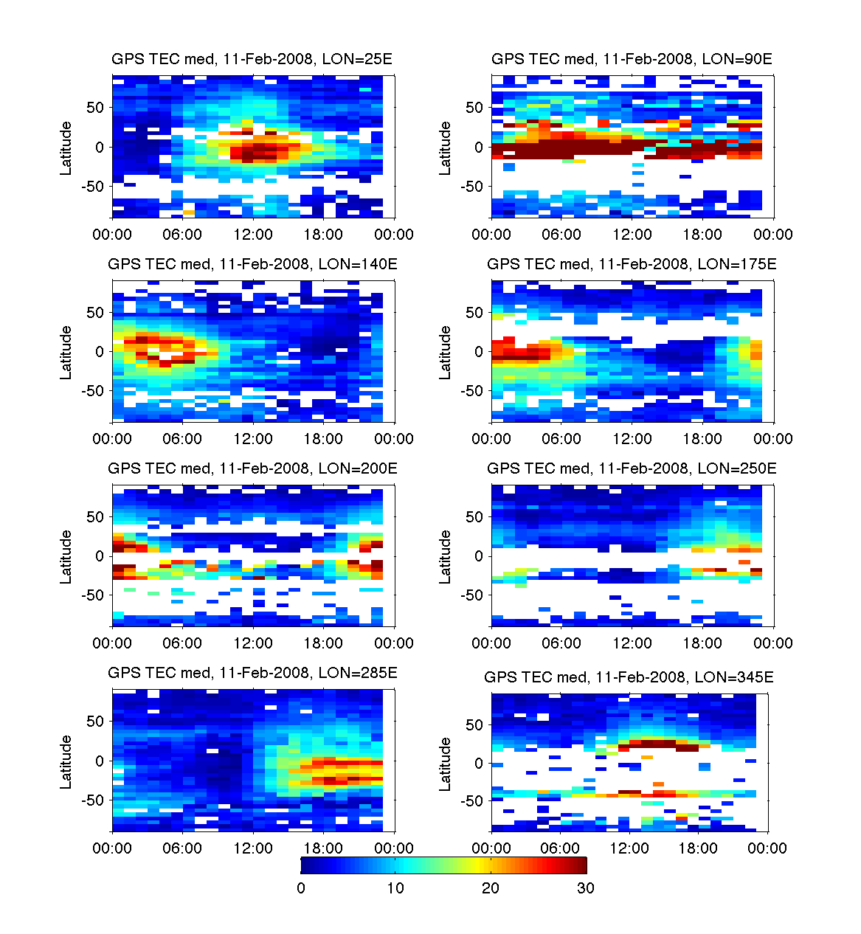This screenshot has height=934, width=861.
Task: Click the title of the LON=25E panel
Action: (x=252, y=59)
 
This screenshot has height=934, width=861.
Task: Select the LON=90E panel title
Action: (x=632, y=59)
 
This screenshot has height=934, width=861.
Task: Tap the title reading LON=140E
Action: (x=252, y=263)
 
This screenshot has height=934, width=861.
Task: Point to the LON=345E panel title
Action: (x=629, y=677)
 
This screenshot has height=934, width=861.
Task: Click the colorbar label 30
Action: (x=585, y=888)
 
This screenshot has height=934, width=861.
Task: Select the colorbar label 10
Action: (x=395, y=888)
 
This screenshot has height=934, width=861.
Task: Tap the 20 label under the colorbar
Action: (x=491, y=888)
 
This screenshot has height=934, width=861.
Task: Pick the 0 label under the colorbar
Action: (x=301, y=888)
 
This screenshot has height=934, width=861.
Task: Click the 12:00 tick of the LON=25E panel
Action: (x=253, y=235)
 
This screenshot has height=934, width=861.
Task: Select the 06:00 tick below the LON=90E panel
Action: (x=561, y=235)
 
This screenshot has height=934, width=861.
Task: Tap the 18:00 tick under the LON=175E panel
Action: (x=702, y=439)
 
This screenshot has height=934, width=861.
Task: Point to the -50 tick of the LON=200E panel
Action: (x=93, y=595)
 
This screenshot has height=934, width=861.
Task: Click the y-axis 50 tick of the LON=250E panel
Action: (x=474, y=517)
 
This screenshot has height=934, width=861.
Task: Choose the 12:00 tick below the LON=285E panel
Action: (x=253, y=848)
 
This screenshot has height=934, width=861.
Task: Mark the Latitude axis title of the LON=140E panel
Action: (x=66, y=353)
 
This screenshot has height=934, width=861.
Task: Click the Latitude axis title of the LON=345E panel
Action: (x=446, y=764)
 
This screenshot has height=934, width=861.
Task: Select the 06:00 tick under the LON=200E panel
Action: (x=182, y=643)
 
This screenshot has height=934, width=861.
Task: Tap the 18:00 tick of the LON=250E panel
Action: (x=702, y=643)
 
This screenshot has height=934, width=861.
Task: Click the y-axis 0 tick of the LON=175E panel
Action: (x=478, y=352)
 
